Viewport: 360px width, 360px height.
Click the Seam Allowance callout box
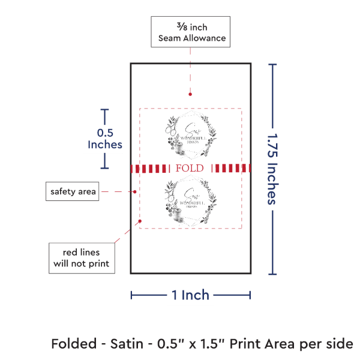click(x=190, y=32)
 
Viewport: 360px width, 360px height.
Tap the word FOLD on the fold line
click(x=190, y=168)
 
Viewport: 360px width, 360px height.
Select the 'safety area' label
click(x=73, y=191)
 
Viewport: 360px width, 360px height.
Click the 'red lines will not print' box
click(x=82, y=257)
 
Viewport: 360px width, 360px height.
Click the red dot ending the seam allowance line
click(x=190, y=94)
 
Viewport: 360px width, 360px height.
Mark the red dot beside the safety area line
click(x=134, y=192)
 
